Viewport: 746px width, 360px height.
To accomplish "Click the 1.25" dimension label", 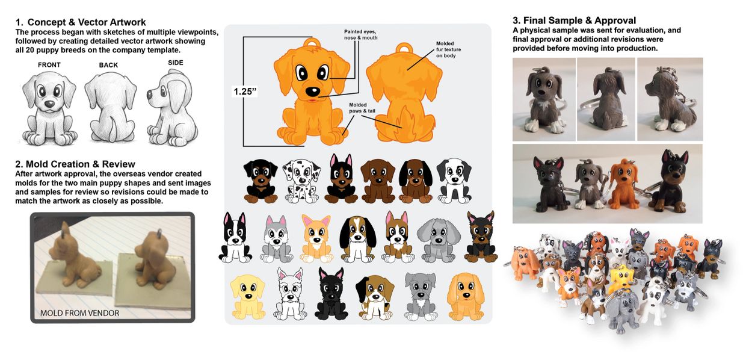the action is click(245, 92).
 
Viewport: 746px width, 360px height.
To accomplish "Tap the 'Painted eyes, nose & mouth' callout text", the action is click(361, 35).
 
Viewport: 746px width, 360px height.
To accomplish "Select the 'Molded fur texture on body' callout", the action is click(448, 50).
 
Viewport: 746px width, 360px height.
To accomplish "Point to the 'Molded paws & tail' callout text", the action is click(362, 108).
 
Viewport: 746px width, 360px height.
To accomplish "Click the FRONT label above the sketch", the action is click(49, 64).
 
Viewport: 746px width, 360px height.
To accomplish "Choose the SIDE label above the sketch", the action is click(176, 63).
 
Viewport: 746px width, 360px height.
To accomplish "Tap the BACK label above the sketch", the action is click(108, 65).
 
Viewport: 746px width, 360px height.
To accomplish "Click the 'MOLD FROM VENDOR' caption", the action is click(79, 313).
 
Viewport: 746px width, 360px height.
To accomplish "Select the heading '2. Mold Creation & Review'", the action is click(75, 164).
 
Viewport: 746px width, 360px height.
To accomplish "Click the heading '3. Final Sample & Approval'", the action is click(574, 20).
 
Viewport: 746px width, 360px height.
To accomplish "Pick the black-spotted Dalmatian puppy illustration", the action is click(301, 181).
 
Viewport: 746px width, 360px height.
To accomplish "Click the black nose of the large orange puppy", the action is click(312, 91).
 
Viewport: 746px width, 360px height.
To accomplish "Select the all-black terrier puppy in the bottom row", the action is click(331, 294).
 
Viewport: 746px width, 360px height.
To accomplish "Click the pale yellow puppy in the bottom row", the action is click(248, 297).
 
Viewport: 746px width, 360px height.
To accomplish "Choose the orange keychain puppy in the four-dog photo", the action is click(622, 185).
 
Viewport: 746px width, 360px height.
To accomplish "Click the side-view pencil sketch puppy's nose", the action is click(150, 95).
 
